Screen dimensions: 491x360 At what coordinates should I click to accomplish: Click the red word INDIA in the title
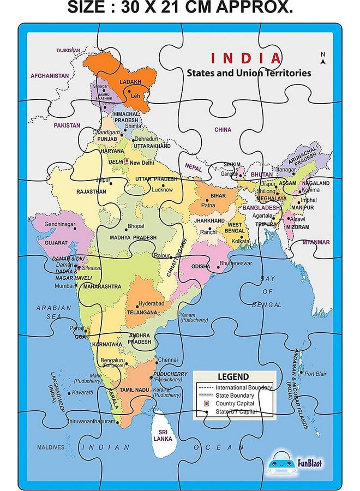[x=246, y=58]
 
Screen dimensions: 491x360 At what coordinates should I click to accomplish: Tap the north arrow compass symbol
[x=323, y=59]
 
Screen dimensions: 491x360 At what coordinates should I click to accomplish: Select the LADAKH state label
[x=129, y=82]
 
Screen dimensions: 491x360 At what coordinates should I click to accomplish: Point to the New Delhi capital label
[x=142, y=163]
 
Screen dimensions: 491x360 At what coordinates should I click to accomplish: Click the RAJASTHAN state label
[x=91, y=191]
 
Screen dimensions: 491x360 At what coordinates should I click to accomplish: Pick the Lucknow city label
[x=162, y=190]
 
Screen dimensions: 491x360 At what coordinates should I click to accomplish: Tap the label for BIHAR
[x=218, y=195]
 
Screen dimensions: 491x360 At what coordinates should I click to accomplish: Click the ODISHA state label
[x=200, y=266]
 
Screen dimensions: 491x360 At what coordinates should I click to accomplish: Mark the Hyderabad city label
[x=151, y=303]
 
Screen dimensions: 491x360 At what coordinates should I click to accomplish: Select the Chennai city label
[x=168, y=360]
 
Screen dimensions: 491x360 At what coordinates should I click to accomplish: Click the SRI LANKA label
[x=163, y=435]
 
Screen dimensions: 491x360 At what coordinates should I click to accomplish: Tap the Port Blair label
[x=315, y=374]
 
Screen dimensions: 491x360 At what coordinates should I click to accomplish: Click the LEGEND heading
[x=233, y=377]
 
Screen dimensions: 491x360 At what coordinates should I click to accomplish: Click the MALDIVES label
[x=51, y=447]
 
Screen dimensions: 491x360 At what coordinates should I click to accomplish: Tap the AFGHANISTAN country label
[x=50, y=75]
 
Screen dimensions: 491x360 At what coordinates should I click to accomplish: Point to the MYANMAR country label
[x=316, y=242]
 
